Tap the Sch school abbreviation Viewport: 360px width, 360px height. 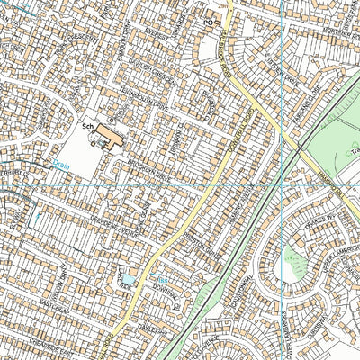pyautogui.click(x=88, y=128)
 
